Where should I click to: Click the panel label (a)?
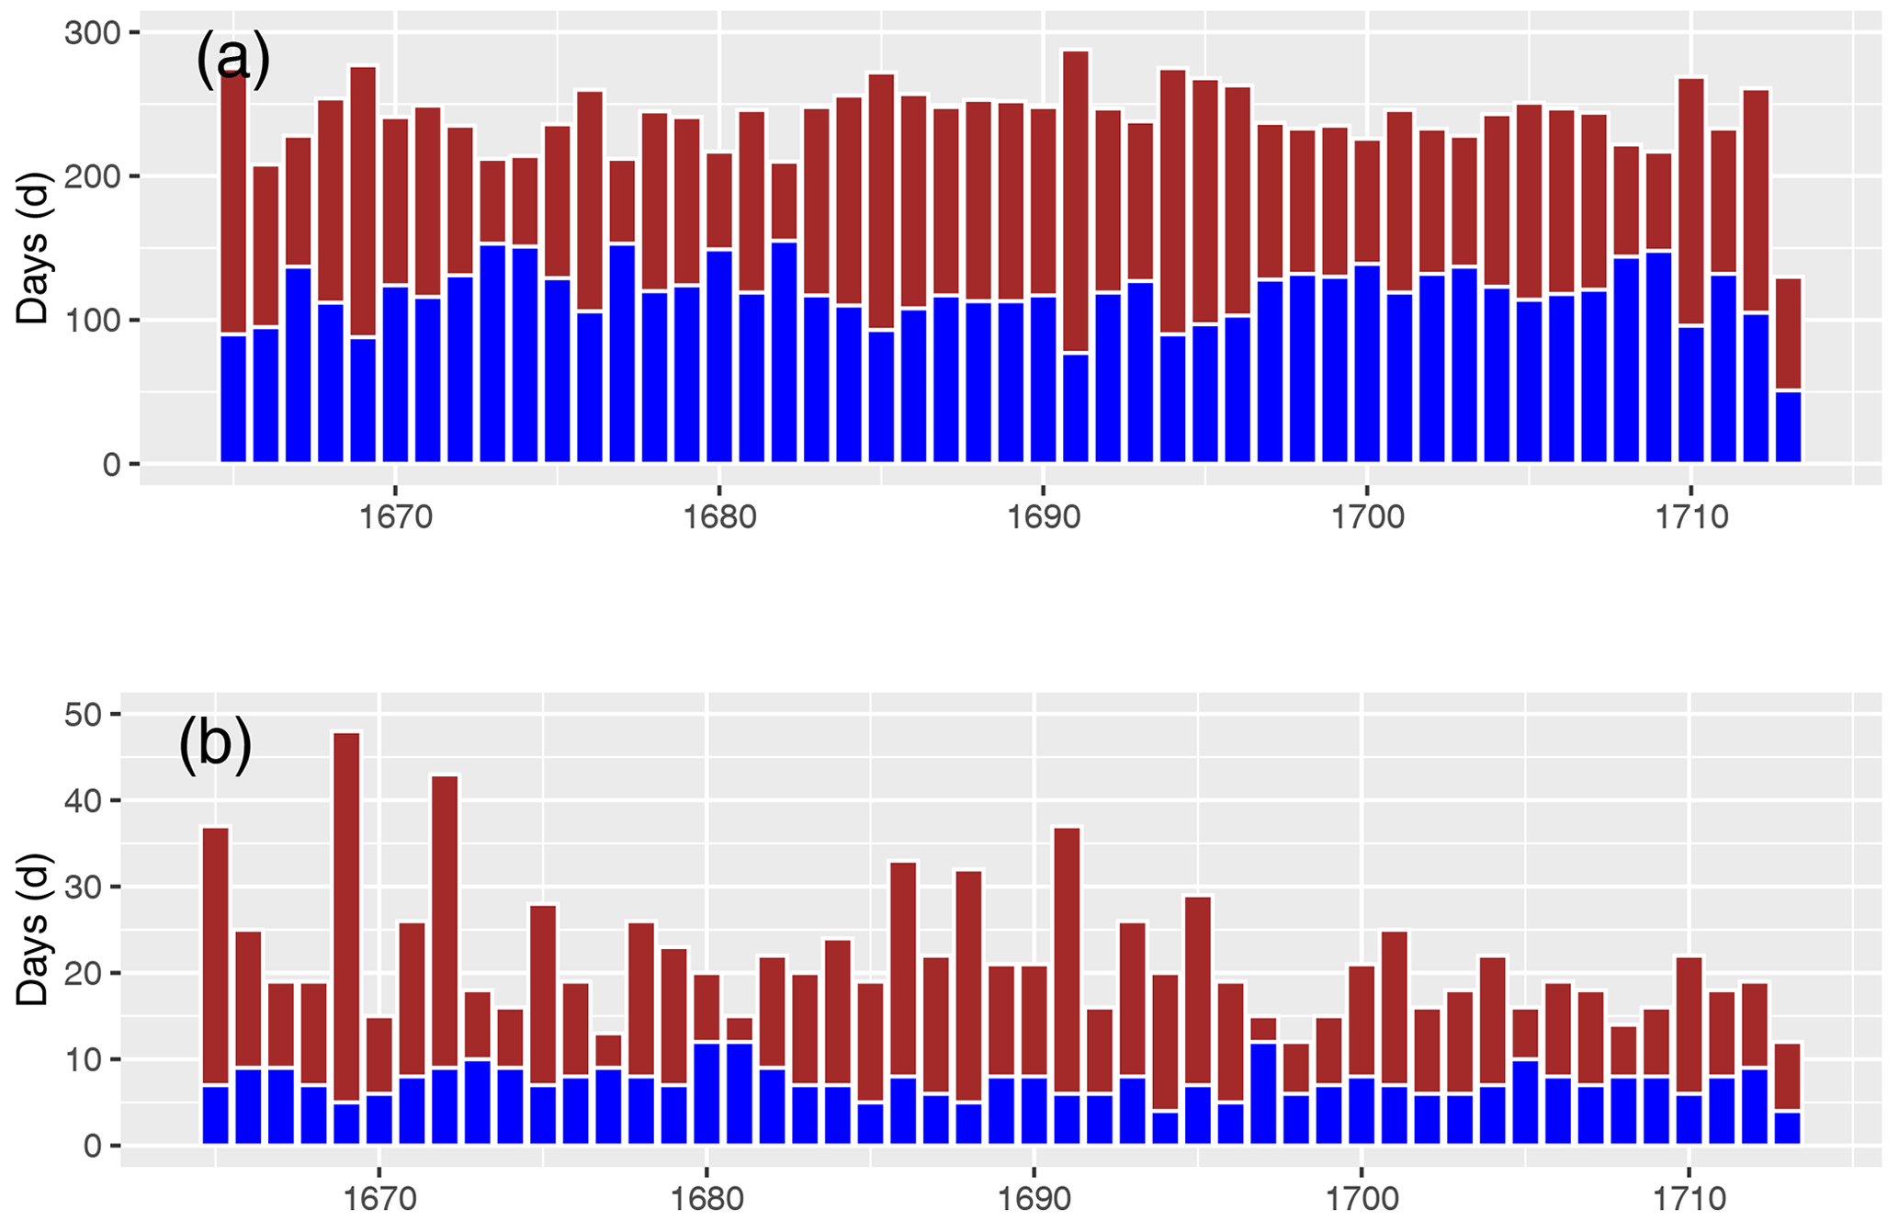232,60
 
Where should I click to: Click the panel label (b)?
215,743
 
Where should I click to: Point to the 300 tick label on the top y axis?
92,33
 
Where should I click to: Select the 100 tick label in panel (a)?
92,321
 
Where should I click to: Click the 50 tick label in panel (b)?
84,715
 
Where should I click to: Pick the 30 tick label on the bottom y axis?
84,887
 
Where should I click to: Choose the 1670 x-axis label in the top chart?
395,517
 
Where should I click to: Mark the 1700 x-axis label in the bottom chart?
1362,1199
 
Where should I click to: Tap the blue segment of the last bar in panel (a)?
1788,427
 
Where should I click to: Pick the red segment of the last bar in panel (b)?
1787,1077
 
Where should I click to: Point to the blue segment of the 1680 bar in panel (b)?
706,1093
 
